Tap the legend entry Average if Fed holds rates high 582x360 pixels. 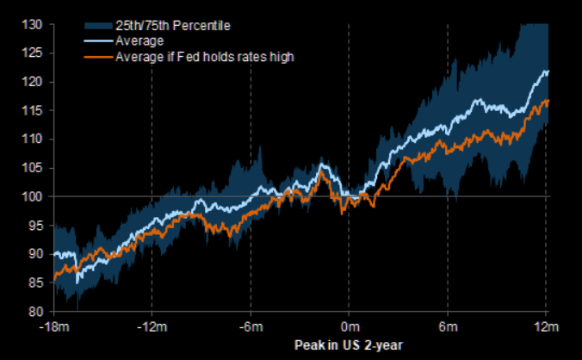[196, 57]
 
